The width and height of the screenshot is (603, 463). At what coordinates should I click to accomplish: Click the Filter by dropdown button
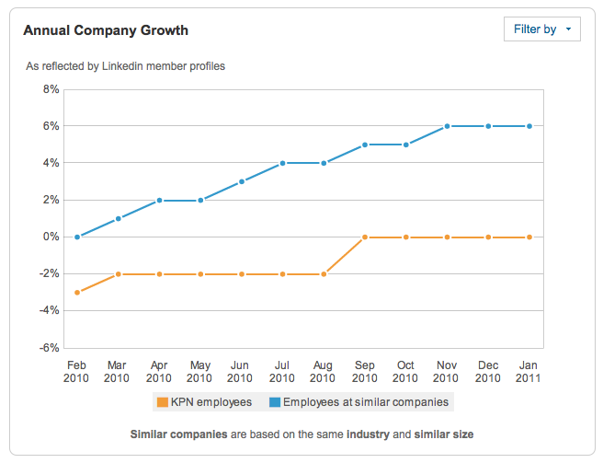(x=542, y=29)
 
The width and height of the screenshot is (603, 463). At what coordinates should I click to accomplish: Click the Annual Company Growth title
(x=106, y=30)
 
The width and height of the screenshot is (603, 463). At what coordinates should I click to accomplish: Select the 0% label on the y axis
(x=50, y=237)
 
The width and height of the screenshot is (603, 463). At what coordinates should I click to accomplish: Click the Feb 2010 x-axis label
(x=76, y=371)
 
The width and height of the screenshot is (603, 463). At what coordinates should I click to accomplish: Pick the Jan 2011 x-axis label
(x=529, y=371)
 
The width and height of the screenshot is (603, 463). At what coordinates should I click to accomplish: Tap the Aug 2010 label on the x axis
(x=323, y=371)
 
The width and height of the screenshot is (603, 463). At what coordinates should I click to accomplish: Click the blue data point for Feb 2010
(x=76, y=237)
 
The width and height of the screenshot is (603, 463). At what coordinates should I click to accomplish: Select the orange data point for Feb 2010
(x=76, y=293)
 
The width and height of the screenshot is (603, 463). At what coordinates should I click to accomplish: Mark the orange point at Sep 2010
(x=364, y=237)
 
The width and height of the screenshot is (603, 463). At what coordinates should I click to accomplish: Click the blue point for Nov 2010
(x=447, y=126)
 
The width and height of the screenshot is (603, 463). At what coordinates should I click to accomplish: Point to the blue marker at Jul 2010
(x=282, y=163)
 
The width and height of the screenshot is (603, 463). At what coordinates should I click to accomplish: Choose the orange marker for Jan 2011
(x=529, y=237)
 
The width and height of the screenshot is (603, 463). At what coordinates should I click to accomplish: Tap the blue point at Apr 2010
(x=159, y=200)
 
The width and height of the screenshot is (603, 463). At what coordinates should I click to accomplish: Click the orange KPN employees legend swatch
(x=163, y=402)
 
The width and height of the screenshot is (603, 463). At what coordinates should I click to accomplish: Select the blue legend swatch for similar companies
(x=275, y=402)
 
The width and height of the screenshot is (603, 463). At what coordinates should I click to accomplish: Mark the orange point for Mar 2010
(x=118, y=274)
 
